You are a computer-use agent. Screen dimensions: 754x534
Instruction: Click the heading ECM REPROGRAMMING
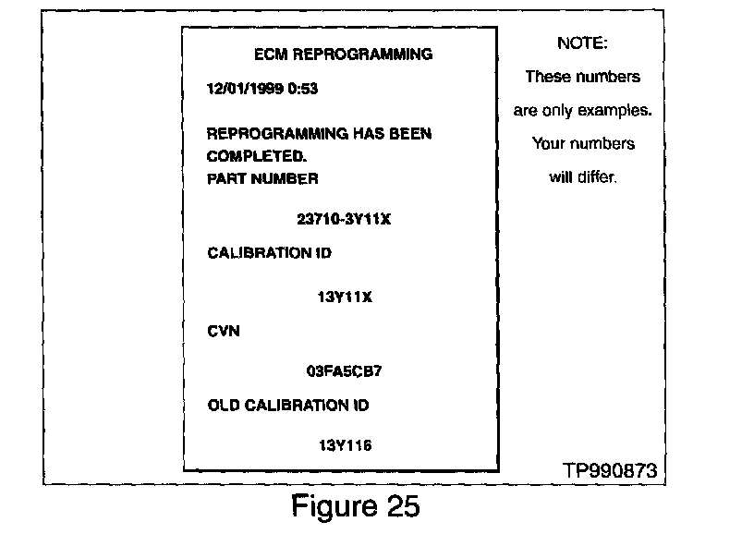click(x=343, y=55)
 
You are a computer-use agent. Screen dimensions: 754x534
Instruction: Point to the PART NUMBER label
click(x=262, y=178)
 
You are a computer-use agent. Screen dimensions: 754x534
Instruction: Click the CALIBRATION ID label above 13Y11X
click(x=270, y=253)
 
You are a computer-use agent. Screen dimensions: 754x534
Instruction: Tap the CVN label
click(x=224, y=331)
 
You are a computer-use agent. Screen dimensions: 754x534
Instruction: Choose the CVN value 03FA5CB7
click(x=344, y=372)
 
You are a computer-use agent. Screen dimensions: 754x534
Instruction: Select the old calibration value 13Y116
click(x=344, y=444)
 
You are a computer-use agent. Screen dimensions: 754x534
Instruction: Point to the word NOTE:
click(x=582, y=43)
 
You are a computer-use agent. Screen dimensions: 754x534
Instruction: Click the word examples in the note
click(x=614, y=111)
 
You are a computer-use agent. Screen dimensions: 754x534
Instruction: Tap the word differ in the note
click(x=596, y=177)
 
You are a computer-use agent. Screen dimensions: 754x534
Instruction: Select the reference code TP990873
click(x=610, y=470)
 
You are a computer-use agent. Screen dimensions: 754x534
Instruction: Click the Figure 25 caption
click(x=355, y=507)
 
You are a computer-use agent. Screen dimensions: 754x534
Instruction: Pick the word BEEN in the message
click(x=410, y=134)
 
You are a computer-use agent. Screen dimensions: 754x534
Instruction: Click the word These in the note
click(x=548, y=77)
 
